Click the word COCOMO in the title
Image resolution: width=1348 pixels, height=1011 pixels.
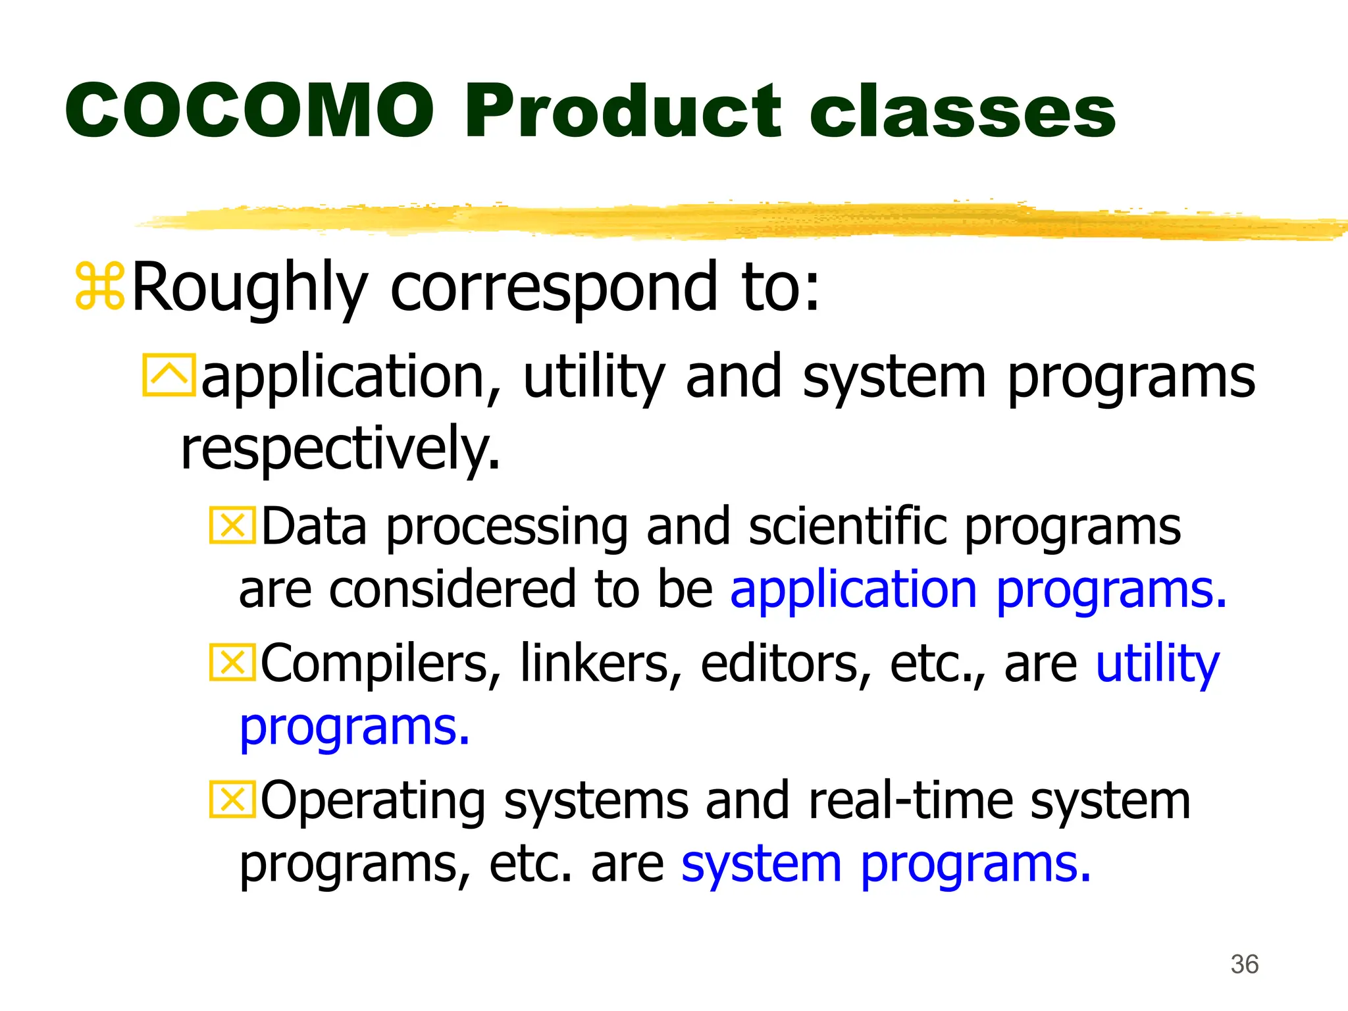point(250,111)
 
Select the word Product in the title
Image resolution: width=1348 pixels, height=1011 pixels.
point(622,111)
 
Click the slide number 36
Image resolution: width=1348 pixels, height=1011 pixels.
point(1244,964)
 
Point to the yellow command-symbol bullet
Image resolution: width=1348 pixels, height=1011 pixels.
point(99,286)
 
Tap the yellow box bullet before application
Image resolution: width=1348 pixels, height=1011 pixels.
point(168,375)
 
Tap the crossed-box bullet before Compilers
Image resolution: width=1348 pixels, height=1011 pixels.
point(232,662)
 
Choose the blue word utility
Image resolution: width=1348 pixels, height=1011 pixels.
point(1157,663)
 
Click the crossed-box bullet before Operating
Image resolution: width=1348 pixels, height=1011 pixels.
point(232,799)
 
